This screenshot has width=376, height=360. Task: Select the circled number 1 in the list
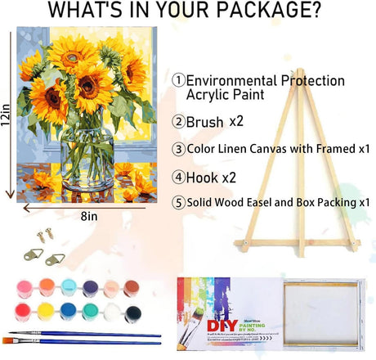(x=178, y=81)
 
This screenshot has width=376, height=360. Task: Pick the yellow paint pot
(x=44, y=312)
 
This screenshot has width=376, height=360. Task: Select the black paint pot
(x=134, y=312)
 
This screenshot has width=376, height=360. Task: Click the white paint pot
(x=112, y=312)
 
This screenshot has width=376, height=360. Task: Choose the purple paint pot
(x=89, y=288)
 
